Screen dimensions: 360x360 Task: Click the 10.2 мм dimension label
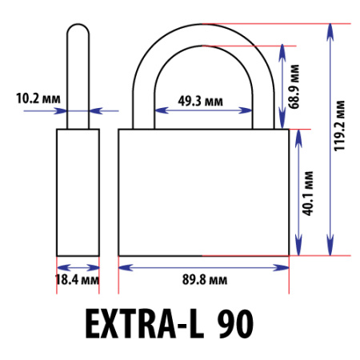(x=38, y=98)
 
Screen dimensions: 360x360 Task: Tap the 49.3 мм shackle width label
(x=200, y=101)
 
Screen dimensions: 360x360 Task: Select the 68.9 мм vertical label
(x=294, y=86)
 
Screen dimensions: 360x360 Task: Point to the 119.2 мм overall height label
(x=340, y=126)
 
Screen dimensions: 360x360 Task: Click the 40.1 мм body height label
(x=308, y=194)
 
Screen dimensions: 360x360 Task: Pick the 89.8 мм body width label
(x=205, y=280)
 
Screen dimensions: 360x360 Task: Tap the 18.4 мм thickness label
(x=78, y=280)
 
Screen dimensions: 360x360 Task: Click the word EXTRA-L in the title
(x=145, y=324)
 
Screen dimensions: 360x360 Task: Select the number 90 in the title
(x=235, y=324)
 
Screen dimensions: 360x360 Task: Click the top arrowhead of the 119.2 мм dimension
(x=330, y=32)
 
